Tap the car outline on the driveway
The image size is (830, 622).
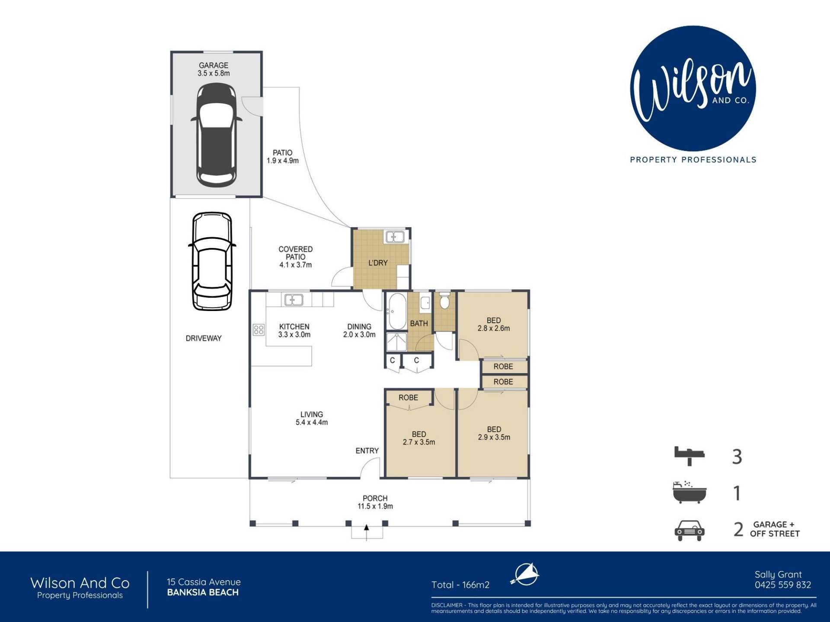pos(212,261)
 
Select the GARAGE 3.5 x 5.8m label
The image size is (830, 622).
pos(214,70)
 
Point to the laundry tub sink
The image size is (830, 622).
pos(395,237)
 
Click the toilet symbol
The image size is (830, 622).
pos(444,301)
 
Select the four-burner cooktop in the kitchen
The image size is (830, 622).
pos(259,330)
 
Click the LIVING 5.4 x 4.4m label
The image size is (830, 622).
pos(312,418)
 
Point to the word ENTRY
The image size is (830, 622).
pos(367,451)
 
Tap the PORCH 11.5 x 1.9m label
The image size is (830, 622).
pos(375,502)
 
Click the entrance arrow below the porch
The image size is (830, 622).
pos(367,532)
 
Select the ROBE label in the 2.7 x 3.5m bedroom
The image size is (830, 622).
pos(408,397)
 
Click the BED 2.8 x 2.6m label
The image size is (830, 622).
pos(494,324)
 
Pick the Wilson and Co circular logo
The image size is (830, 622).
pos(693,89)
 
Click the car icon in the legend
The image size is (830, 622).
pos(690,530)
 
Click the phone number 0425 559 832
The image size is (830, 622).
pos(783,585)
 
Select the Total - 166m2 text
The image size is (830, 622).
pos(460,585)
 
